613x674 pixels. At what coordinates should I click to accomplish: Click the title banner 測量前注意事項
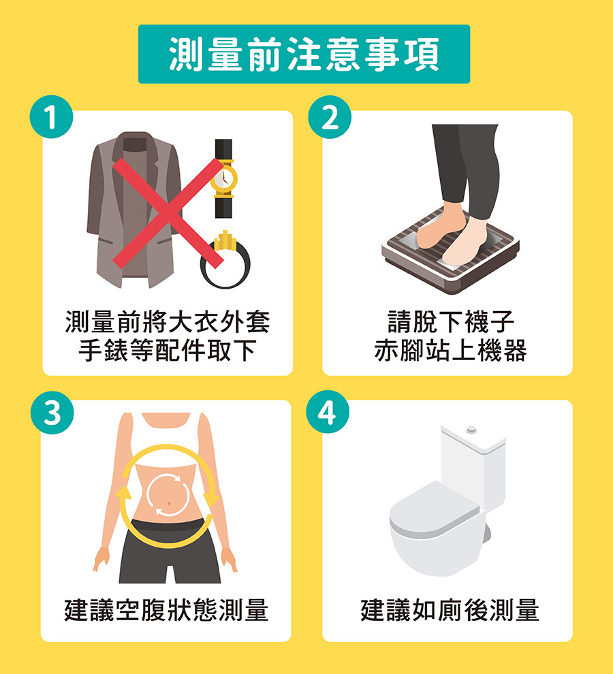pyautogui.click(x=304, y=54)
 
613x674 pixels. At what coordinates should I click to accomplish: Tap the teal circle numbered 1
pyautogui.click(x=51, y=117)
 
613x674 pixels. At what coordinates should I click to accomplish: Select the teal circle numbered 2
pyautogui.click(x=330, y=117)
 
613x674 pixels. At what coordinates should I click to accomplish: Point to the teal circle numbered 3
pyautogui.click(x=52, y=413)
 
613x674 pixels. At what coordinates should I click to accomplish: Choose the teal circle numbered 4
pyautogui.click(x=328, y=412)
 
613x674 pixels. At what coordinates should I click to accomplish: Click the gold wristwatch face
pyautogui.click(x=223, y=178)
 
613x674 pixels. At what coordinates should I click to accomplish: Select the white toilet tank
pyautogui.click(x=473, y=464)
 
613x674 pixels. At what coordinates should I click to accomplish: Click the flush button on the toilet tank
pyautogui.click(x=471, y=429)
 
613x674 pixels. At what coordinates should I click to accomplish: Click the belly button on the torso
pyautogui.click(x=170, y=503)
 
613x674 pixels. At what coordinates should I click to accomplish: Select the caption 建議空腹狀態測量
pyautogui.click(x=166, y=610)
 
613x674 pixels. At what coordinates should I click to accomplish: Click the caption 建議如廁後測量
pyautogui.click(x=450, y=610)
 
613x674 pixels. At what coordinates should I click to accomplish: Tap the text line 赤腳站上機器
pyautogui.click(x=451, y=351)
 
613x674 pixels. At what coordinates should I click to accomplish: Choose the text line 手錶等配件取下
pyautogui.click(x=168, y=351)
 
